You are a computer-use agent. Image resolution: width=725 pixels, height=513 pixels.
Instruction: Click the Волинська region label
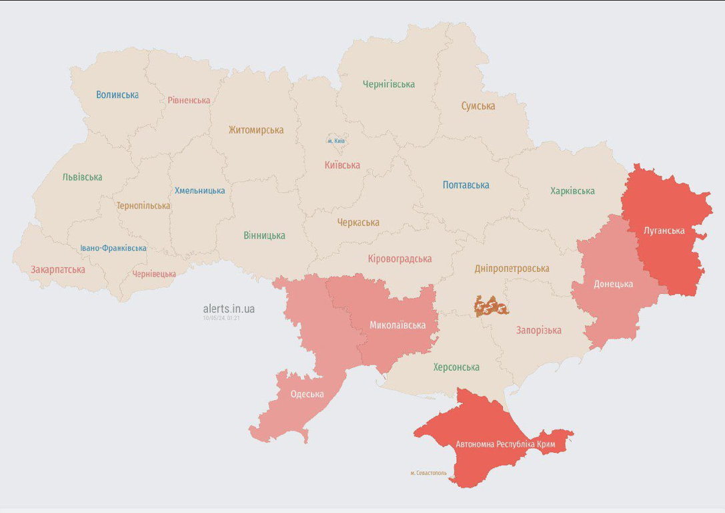point(117,95)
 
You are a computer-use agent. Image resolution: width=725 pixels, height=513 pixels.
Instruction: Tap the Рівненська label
point(189,100)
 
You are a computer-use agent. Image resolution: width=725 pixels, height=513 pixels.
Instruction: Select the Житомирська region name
point(256,130)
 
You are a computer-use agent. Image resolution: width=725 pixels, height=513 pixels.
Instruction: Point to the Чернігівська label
point(389,84)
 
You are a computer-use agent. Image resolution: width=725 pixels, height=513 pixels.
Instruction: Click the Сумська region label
point(478,106)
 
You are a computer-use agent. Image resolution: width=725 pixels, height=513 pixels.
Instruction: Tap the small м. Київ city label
point(336,141)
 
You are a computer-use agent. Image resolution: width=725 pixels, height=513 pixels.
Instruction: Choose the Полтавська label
point(466,185)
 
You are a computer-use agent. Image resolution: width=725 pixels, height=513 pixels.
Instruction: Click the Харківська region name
point(572,191)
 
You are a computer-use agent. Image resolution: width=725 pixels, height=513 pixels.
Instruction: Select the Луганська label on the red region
point(664,231)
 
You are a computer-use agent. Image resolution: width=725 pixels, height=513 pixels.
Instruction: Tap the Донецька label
point(614,284)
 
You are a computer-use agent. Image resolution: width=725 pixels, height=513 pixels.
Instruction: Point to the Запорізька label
point(539,330)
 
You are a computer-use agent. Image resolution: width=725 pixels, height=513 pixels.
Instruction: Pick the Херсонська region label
point(456,367)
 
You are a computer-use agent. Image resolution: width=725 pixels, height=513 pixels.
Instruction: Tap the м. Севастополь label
point(429,473)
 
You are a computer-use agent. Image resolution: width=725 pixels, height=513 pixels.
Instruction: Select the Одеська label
point(307,394)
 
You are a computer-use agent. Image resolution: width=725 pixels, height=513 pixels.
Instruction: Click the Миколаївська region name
point(398,325)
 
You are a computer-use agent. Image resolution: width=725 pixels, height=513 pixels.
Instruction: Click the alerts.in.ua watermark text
point(229,309)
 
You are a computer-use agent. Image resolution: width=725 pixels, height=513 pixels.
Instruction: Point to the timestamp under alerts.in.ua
point(221,319)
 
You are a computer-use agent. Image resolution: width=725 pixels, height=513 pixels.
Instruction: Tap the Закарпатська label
point(58,270)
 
